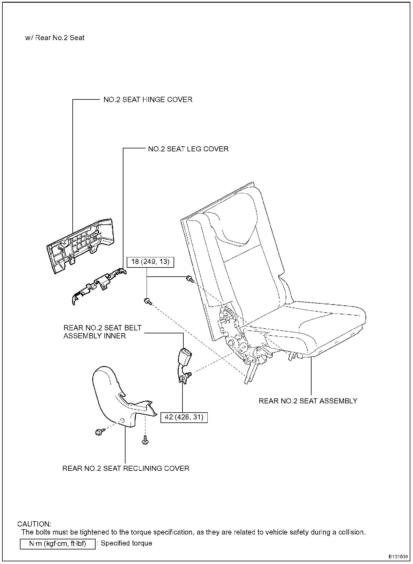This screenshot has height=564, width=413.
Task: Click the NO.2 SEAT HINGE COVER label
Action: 148,100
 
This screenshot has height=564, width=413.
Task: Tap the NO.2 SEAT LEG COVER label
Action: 188,149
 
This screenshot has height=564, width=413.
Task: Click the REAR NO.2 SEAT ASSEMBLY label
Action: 308,401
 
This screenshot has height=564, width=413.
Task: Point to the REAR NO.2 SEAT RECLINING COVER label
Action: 126,468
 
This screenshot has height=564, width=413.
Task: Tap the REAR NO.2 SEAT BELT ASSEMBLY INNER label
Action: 102,332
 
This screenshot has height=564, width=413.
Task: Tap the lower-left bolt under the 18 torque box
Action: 148,302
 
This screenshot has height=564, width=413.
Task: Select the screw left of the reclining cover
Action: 99,432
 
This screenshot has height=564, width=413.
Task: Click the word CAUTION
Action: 34,524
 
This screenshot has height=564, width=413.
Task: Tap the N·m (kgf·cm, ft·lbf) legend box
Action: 58,544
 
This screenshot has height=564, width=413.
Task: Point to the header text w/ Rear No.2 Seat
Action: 55,38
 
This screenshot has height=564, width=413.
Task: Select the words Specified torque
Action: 126,543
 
